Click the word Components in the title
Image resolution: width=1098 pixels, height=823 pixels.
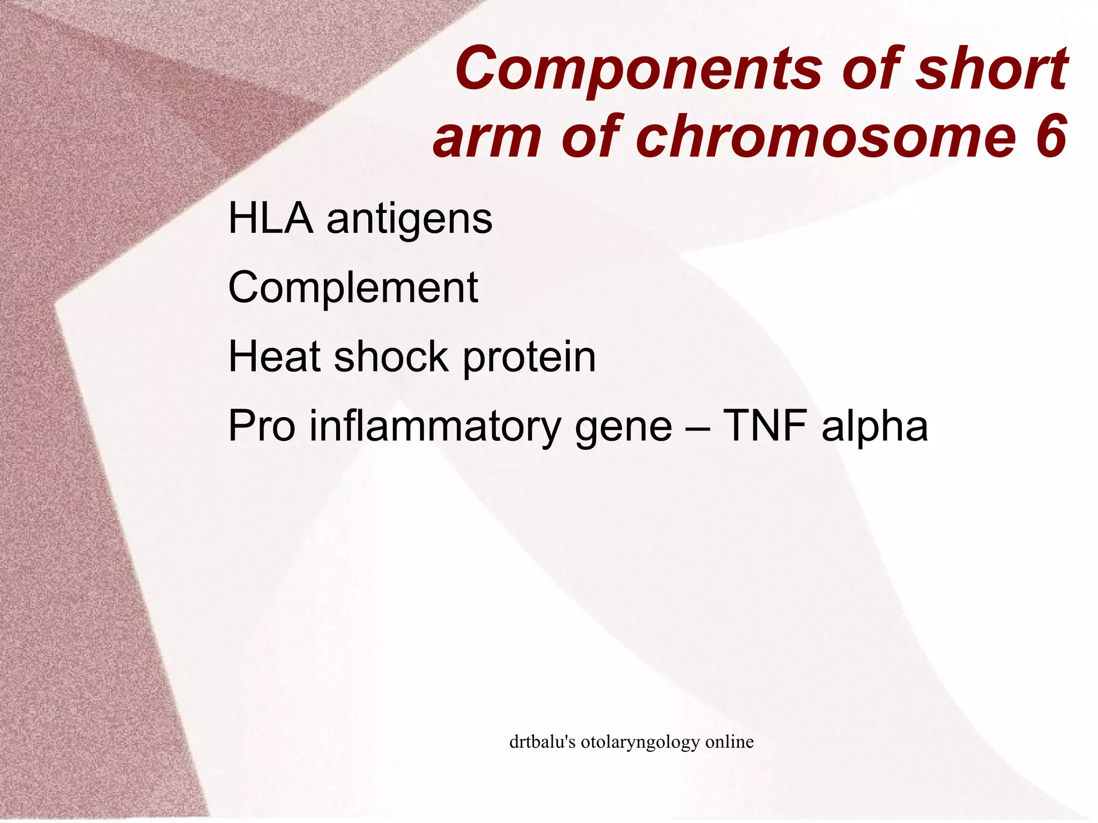click(638, 70)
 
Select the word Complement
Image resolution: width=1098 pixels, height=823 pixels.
click(353, 288)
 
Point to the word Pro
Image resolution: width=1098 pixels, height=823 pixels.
click(262, 426)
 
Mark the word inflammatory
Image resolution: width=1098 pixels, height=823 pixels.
click(435, 427)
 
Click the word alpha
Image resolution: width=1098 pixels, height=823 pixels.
click(874, 427)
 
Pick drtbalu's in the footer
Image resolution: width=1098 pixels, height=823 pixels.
click(542, 742)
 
